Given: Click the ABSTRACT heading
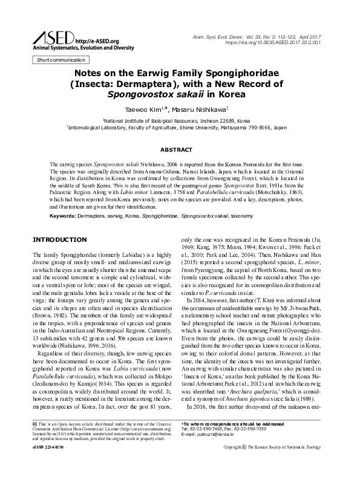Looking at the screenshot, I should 180,149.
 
